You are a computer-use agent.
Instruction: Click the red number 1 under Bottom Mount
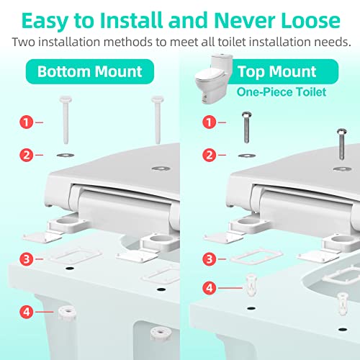tap(26, 122)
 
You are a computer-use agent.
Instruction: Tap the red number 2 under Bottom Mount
tap(26, 155)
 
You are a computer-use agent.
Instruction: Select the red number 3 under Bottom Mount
tap(26, 259)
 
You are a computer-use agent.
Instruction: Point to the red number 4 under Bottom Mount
tap(26, 312)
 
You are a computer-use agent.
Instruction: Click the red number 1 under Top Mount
tap(210, 122)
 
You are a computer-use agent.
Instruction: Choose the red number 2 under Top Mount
tap(210, 155)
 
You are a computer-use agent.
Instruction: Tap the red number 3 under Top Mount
tap(210, 259)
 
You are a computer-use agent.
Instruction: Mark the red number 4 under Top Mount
tap(210, 288)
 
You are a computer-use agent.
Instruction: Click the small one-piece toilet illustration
tap(214, 79)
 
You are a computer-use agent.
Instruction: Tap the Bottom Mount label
tap(90, 71)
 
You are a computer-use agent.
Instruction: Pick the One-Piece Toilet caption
tap(282, 92)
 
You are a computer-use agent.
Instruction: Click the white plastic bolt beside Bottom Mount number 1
tap(66, 120)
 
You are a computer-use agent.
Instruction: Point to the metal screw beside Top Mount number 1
tap(246, 127)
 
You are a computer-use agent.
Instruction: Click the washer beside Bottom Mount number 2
tap(66, 155)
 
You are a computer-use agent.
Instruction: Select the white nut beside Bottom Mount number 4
tap(67, 313)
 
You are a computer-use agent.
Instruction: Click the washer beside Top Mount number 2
tap(246, 156)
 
